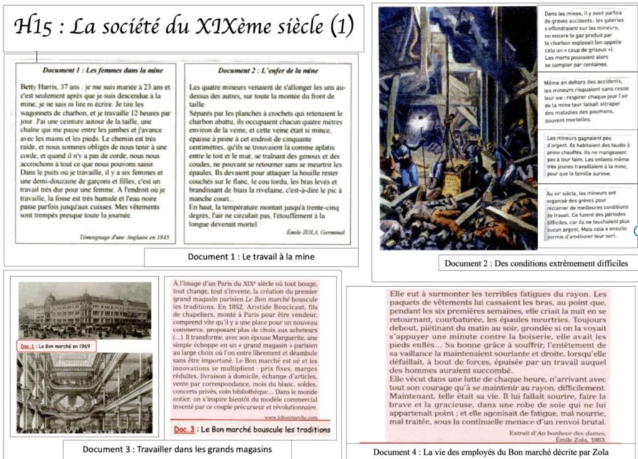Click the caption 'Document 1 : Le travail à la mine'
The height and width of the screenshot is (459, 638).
pos(250,256)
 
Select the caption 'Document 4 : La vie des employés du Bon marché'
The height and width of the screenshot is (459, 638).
pos(490,452)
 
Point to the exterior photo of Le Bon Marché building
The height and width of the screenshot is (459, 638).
pos(85,311)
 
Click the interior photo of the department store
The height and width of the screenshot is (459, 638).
pos(85,392)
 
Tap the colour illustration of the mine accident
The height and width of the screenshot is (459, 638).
pos(458,128)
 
